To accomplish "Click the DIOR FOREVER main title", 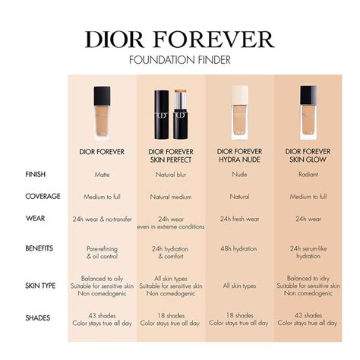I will click(x=180, y=39).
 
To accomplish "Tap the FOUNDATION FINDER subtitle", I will click(x=180, y=60).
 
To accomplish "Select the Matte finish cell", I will click(x=102, y=175).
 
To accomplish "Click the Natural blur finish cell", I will click(x=171, y=175).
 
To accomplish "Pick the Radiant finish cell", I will click(x=309, y=175).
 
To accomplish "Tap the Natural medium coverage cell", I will click(x=171, y=197).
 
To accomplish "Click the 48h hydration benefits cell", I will click(x=240, y=248).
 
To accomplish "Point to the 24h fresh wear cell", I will click(x=240, y=219).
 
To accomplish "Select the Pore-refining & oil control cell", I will click(x=102, y=252).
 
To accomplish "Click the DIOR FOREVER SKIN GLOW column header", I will click(x=309, y=155).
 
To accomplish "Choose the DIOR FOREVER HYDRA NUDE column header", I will click(x=240, y=155).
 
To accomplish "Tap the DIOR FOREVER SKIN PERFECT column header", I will click(x=171, y=155).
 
